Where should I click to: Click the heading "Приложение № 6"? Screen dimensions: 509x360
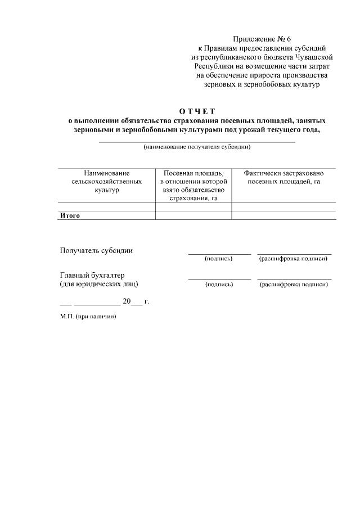[261, 39]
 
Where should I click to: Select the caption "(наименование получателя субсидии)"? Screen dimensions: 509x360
[197, 147]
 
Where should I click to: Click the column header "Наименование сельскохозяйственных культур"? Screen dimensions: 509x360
[107, 182]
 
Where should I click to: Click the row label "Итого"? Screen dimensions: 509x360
[70, 215]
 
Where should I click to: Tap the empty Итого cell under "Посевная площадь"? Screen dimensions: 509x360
[193, 215]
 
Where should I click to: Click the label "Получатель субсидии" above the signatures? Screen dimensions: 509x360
[96, 251]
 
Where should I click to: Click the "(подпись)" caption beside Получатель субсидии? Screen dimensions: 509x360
[219, 259]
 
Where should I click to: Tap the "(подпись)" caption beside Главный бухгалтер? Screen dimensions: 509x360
[219, 285]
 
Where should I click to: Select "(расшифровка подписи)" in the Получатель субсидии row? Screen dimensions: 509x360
[293, 259]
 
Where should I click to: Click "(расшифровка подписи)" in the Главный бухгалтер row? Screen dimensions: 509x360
[293, 285]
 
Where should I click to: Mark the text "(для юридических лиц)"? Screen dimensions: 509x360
[99, 284]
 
